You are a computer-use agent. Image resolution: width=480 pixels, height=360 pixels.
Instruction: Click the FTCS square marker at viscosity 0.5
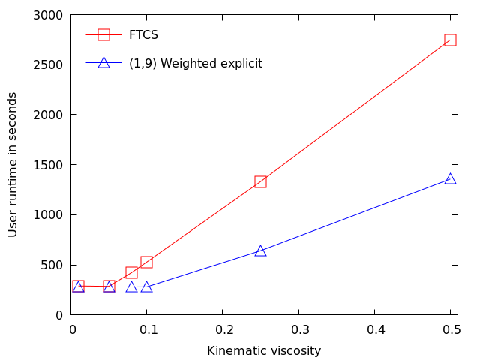[450, 40]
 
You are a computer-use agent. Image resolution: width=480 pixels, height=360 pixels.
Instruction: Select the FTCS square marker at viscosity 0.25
[260, 181]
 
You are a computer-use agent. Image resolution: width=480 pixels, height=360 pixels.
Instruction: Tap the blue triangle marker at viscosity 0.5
[450, 178]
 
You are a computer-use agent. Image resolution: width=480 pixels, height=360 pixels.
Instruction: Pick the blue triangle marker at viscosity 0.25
[260, 250]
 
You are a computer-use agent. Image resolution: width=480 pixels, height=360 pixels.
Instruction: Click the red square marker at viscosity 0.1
[147, 262]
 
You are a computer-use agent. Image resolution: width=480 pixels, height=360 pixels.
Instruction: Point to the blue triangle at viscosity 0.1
[147, 286]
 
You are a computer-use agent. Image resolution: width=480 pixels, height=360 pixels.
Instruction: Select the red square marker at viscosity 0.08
[132, 272]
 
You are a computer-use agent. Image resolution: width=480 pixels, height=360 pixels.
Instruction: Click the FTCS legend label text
[142, 34]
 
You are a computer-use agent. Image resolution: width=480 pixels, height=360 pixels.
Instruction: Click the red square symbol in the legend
[103, 34]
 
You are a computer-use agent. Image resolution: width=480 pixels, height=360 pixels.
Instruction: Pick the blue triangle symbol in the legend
[103, 63]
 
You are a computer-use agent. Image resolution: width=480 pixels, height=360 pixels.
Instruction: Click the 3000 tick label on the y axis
[49, 15]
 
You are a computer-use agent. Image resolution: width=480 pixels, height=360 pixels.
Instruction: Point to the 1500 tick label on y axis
[49, 165]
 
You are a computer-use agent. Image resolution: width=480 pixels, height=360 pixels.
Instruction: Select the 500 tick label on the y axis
[52, 265]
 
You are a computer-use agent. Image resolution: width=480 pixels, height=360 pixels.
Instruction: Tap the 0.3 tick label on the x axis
[298, 329]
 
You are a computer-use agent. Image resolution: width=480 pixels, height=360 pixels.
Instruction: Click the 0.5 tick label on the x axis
[450, 329]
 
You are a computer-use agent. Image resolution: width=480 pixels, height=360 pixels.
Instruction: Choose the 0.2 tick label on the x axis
[223, 329]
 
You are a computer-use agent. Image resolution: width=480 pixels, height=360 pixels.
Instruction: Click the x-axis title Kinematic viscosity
[264, 350]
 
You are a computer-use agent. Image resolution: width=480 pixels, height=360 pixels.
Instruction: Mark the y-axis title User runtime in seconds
[13, 164]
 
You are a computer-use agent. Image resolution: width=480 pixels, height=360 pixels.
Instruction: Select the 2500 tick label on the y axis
[49, 65]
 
